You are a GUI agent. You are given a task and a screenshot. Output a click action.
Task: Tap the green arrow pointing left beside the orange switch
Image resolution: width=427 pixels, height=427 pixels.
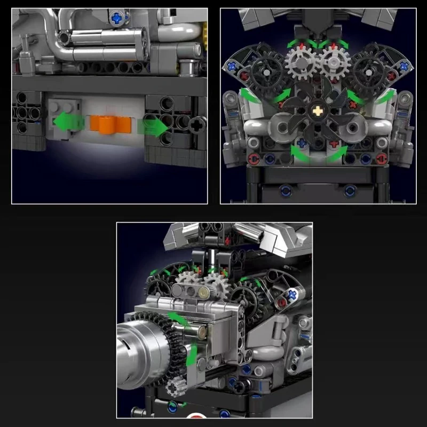point(68,121)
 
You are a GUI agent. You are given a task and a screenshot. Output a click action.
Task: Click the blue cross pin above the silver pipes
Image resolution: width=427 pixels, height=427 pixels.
point(116,19)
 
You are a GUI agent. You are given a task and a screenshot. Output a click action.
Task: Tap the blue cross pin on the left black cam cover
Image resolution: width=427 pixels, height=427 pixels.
point(233,67)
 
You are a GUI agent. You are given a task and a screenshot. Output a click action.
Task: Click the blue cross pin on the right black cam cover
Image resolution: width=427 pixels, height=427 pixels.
point(404,66)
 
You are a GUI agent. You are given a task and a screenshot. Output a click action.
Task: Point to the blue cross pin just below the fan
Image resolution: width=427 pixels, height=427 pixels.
point(303,143)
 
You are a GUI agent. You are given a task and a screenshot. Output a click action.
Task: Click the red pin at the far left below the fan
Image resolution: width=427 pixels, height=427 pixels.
point(254,158)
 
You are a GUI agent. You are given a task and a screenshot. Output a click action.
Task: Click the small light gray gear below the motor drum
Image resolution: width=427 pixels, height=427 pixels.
point(173,388)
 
